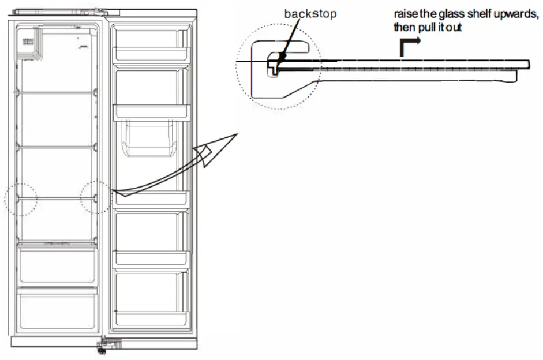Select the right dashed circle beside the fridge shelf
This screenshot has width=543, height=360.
(96, 197)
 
